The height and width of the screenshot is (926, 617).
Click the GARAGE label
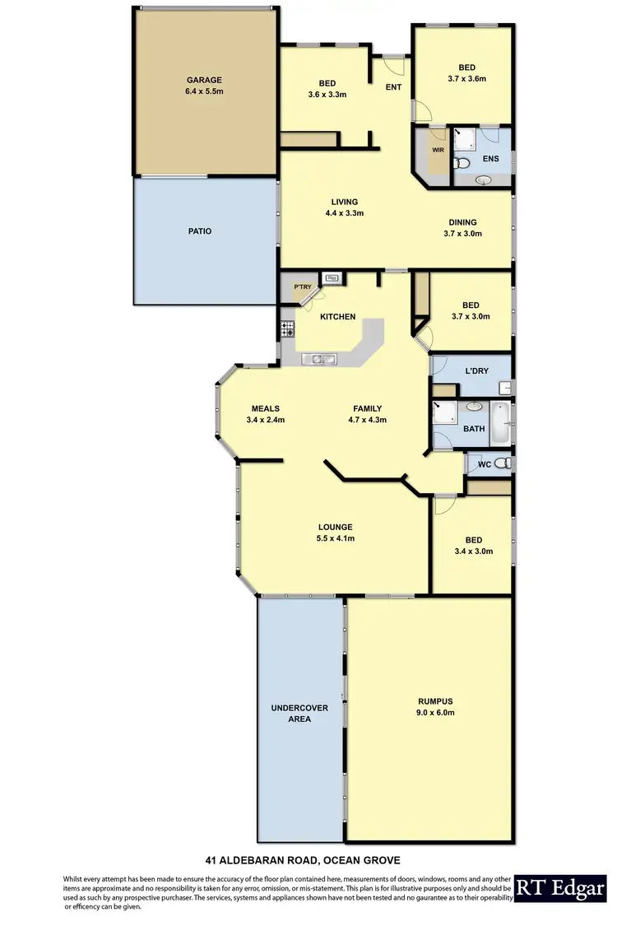click(x=204, y=81)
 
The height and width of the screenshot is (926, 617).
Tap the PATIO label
click(x=199, y=231)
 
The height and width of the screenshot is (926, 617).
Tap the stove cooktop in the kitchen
click(x=287, y=329)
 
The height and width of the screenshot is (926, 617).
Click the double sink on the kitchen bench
click(x=317, y=358)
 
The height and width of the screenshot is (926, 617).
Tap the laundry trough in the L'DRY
click(x=503, y=386)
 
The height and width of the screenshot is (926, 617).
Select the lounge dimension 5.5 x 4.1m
click(x=336, y=538)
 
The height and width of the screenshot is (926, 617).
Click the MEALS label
click(x=265, y=408)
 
